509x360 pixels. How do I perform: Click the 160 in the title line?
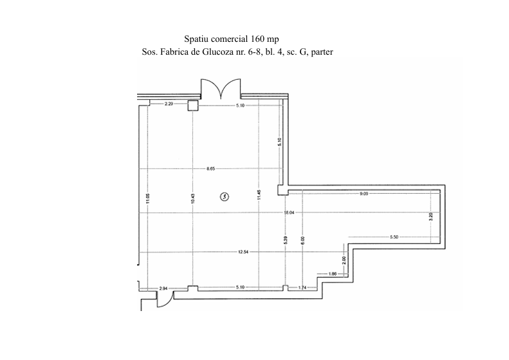pos(257,39)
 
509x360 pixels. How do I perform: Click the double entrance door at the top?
pos(221,89)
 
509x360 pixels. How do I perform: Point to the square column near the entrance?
pos(192,105)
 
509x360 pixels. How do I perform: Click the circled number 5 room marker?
pos(224,196)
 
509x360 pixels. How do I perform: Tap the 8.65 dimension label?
pos(210,168)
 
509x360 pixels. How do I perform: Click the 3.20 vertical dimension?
pos(430,218)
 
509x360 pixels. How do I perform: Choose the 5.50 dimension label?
pos(394,238)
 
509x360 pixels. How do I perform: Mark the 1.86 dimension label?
pos(333,275)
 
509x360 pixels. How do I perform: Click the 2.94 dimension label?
pos(163,289)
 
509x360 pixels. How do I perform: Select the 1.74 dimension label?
pos(301,288)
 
